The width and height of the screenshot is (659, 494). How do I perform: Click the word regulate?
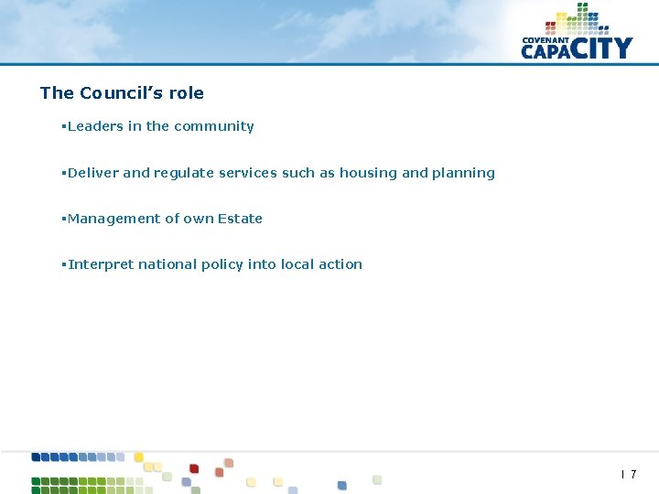coord(184,173)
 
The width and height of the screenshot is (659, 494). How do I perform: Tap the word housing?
coord(369,173)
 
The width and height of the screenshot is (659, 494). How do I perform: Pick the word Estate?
coord(240,219)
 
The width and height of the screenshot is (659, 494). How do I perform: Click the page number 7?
coord(633,475)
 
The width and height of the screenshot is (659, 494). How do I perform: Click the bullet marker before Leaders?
coord(64,126)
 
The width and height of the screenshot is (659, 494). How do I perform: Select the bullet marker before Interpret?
coord(64,264)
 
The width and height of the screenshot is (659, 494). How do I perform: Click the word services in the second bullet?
coord(247,173)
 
